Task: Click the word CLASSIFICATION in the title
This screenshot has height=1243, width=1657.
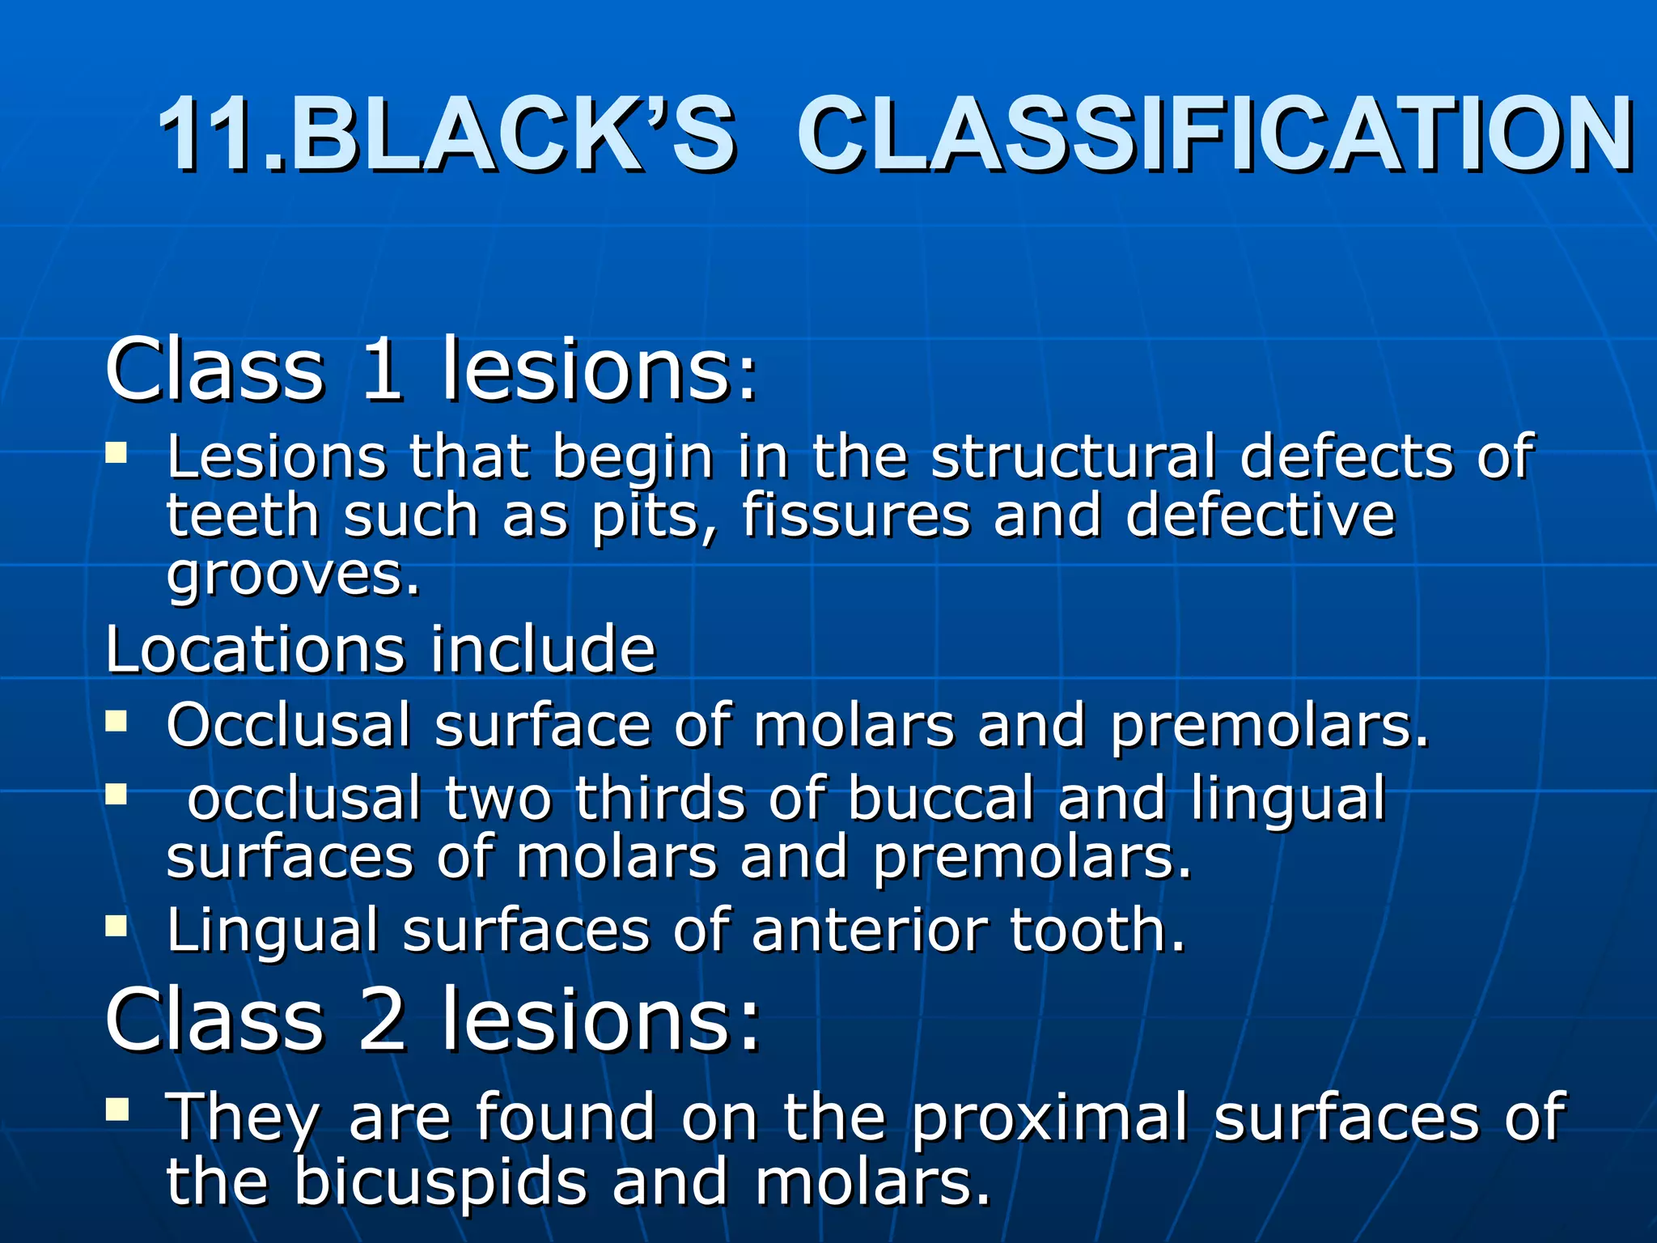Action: [1214, 135]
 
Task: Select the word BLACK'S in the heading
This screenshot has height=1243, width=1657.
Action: [515, 135]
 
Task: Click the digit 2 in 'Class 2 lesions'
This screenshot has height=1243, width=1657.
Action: [381, 1020]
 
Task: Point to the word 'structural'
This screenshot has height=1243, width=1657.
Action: [1073, 456]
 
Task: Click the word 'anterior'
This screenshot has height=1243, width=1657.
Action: [869, 931]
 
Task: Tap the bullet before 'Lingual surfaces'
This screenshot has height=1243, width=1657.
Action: [117, 925]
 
